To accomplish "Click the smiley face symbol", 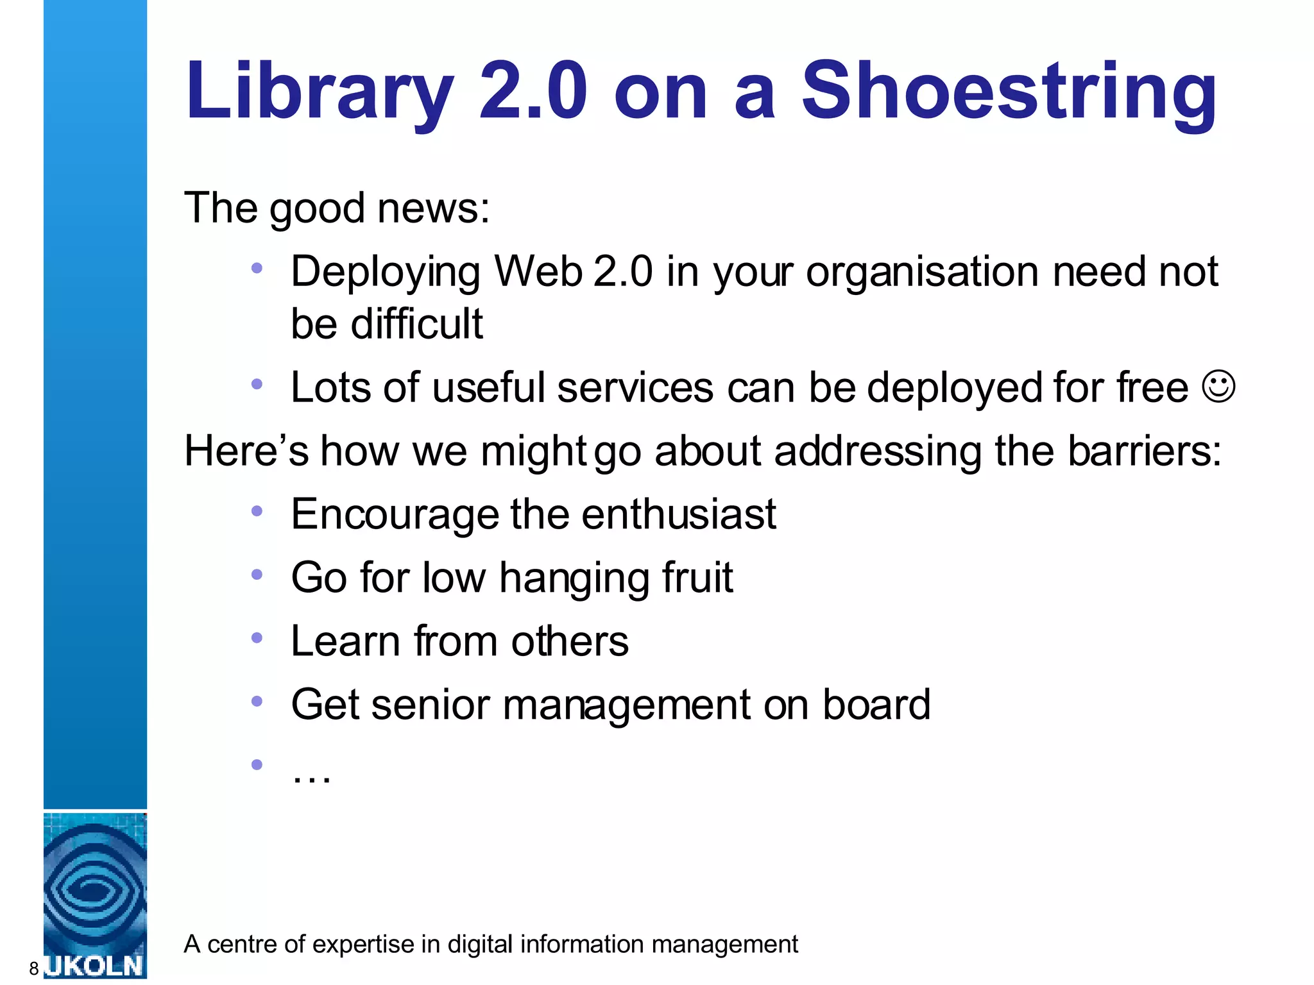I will [x=1218, y=386].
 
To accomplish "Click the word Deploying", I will [x=385, y=273].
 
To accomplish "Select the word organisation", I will [x=922, y=273].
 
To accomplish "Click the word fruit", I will [x=697, y=577].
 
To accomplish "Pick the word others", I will [x=570, y=641].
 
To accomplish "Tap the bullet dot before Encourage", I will [x=257, y=511].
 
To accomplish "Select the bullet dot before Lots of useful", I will [x=257, y=384].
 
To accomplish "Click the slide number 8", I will [x=34, y=968].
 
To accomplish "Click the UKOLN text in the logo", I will [x=95, y=966].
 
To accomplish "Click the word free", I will [x=1152, y=387].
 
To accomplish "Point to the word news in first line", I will [x=433, y=208].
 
